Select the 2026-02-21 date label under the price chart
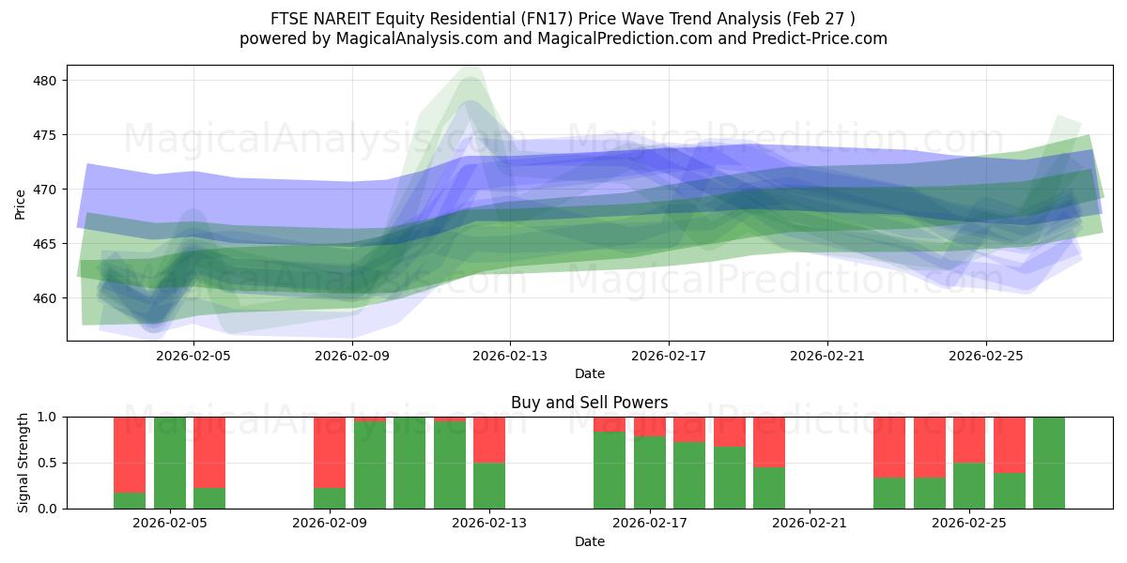click(827, 356)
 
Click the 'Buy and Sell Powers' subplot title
click(589, 403)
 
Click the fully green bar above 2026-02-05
click(170, 463)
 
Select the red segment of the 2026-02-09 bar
click(330, 451)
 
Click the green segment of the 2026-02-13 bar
click(489, 485)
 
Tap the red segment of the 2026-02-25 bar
click(969, 439)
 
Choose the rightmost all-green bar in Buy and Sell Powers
click(1049, 463)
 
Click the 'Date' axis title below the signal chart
click(589, 541)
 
